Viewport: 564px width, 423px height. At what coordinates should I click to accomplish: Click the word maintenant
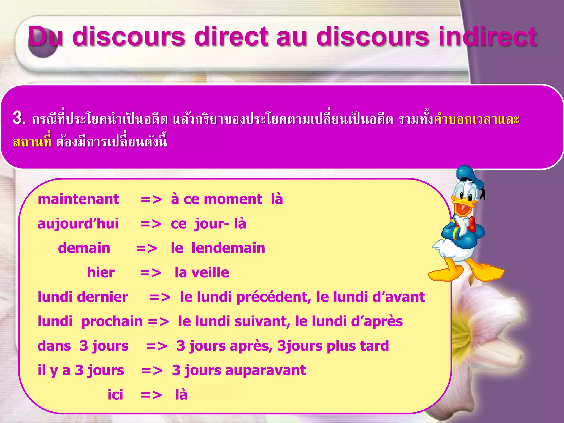(78, 199)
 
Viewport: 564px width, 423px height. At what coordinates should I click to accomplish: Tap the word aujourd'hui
(78, 224)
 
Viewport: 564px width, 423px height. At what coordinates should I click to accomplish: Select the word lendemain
(228, 248)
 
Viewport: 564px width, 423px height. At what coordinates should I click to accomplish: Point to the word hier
(101, 272)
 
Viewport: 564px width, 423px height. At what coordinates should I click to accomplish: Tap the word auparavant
(265, 370)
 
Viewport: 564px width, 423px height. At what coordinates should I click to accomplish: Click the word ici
(115, 395)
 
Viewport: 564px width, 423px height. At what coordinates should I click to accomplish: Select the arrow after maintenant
(151, 200)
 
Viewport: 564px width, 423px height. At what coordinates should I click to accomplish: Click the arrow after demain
(147, 248)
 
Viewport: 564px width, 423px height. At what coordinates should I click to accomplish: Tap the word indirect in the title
(487, 36)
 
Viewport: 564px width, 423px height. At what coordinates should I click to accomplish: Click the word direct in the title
(231, 36)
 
